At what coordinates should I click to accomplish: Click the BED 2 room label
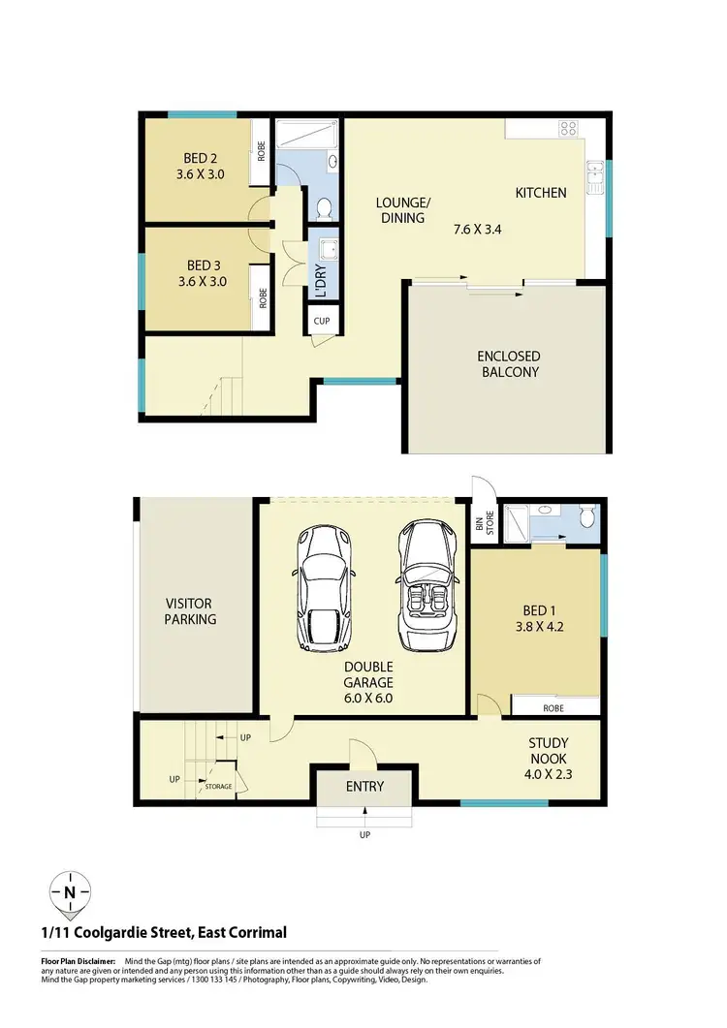[201, 159]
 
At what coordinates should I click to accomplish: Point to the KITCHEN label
[540, 193]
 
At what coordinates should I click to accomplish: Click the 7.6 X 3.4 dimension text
[478, 230]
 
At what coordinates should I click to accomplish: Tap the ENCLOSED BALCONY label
[508, 364]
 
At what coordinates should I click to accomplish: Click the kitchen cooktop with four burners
[569, 130]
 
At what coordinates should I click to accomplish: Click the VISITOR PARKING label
[190, 611]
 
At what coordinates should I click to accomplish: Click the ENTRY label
[364, 787]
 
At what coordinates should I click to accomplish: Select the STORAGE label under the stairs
[218, 787]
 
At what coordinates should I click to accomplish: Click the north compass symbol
[70, 890]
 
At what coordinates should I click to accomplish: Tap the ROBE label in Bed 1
[552, 708]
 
